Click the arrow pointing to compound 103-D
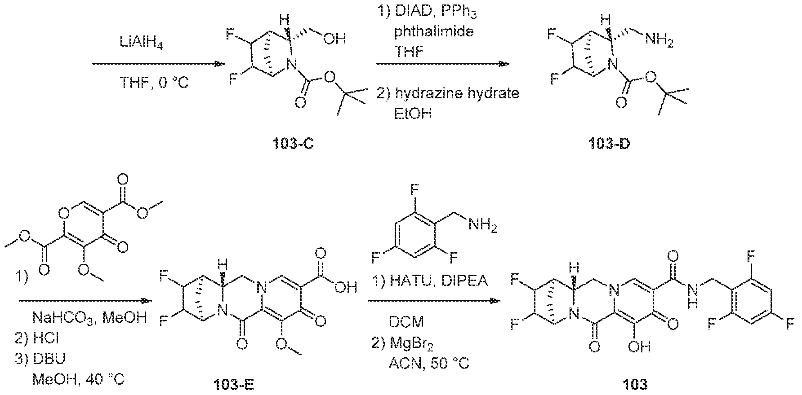coord(443,64)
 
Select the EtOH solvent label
coord(413,114)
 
